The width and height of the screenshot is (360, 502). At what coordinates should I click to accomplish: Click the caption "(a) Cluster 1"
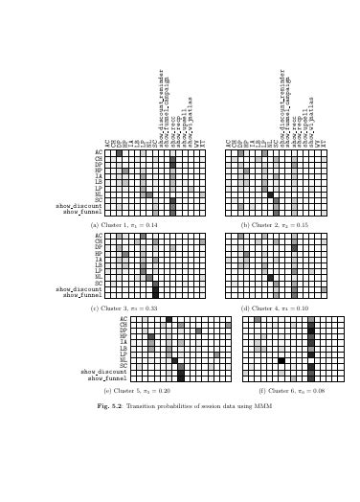pos(124,225)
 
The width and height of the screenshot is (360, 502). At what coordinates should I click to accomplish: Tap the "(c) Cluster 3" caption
pos(124,308)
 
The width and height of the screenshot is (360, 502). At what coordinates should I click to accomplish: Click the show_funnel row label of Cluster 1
pos(83,212)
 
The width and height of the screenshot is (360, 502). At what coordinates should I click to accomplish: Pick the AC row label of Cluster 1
pos(99,151)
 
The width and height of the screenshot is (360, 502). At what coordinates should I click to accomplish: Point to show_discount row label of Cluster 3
pos(79,288)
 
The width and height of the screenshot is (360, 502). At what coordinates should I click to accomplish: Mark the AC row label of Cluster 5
pos(123,319)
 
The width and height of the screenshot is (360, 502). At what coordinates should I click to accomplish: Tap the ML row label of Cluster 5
pos(123,360)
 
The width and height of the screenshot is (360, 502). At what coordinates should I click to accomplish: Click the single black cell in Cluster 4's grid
pos(270,277)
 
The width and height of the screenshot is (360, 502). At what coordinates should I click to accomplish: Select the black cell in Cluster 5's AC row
pos(169,319)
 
